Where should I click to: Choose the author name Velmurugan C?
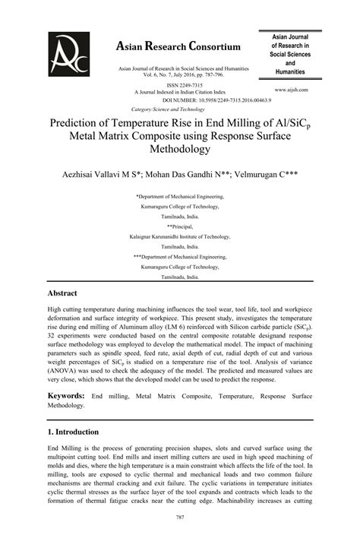point(267,174)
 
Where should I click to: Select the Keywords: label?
point(66,396)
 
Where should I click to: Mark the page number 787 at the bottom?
point(180,539)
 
